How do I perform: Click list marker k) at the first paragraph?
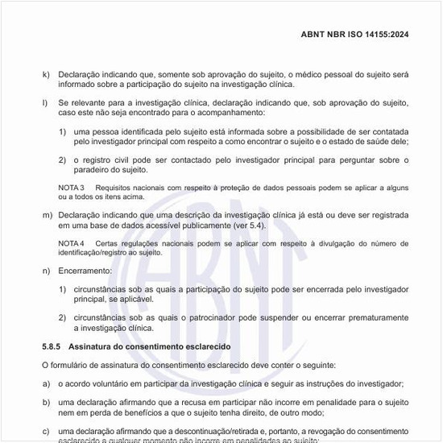point(46,74)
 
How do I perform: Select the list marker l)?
point(45,103)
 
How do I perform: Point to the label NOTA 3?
point(72,187)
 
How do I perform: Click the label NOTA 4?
point(72,242)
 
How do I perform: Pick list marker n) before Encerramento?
point(46,269)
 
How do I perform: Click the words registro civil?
point(112,159)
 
